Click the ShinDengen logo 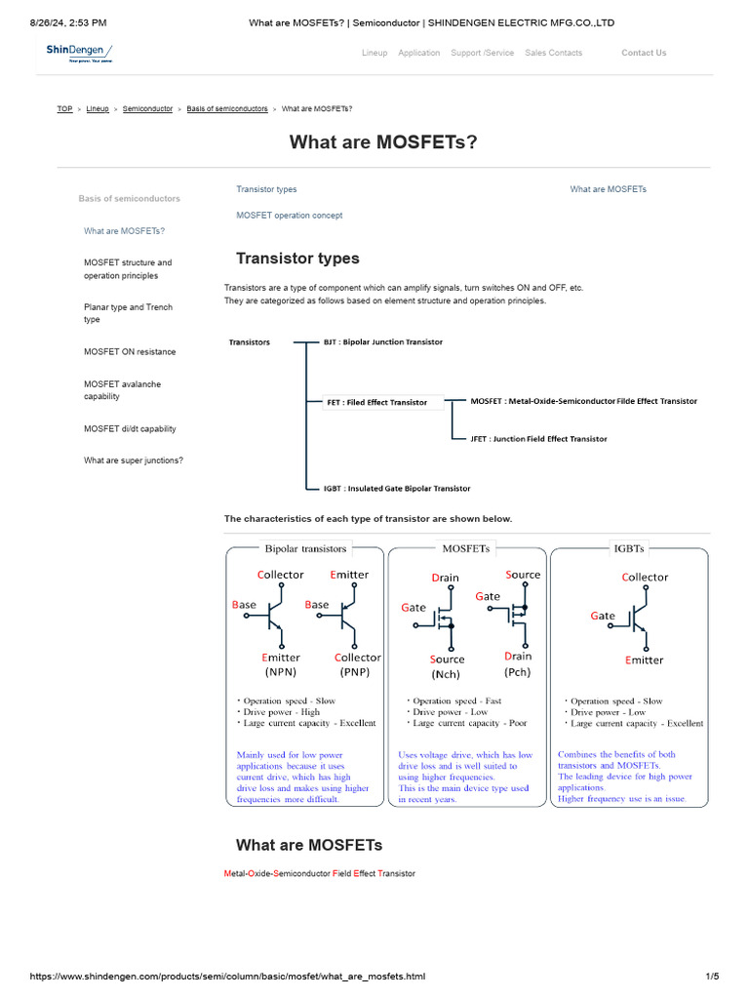(x=90, y=53)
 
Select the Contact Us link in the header (x=644, y=53)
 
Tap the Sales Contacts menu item (x=553, y=53)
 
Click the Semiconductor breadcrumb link (x=148, y=109)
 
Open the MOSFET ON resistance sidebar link (x=130, y=351)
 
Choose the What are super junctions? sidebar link (x=134, y=460)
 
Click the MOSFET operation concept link (x=289, y=216)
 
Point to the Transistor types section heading (x=297, y=259)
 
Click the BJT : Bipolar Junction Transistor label (x=383, y=342)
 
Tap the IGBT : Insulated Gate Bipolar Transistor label (x=397, y=488)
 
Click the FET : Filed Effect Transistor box (x=377, y=402)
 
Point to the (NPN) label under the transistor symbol (x=281, y=672)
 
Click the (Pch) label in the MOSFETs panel (x=518, y=672)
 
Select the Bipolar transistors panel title (x=305, y=548)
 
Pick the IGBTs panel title (x=629, y=548)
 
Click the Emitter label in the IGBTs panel (x=644, y=660)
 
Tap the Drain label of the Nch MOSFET (x=445, y=578)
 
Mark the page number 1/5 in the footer (x=712, y=977)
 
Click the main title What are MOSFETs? (x=383, y=142)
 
